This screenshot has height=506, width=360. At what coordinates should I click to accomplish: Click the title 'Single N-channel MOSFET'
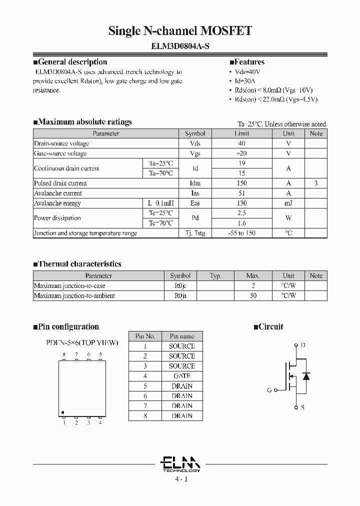point(180,31)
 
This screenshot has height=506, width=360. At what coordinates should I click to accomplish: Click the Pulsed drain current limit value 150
point(241,183)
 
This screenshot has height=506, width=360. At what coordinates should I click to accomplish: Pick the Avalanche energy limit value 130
point(241,203)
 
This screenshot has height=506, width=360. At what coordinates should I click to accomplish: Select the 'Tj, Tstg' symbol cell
point(195,233)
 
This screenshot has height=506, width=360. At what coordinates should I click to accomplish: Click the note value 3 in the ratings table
point(316,183)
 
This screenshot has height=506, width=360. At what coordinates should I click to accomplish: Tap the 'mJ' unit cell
point(288,203)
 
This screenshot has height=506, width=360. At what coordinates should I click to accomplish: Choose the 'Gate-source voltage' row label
point(60,153)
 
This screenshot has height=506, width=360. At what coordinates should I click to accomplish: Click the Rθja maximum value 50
point(253,296)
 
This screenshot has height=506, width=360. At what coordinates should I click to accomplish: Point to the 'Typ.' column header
point(215,276)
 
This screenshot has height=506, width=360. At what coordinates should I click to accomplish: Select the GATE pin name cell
point(181,376)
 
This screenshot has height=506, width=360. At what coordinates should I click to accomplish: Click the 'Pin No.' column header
point(145,336)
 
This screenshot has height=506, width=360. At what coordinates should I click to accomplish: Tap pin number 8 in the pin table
point(145,416)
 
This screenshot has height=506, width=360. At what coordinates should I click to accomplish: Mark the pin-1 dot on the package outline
point(63,412)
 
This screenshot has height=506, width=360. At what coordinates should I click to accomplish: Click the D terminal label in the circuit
point(302,345)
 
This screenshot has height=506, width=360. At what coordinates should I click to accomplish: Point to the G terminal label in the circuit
point(269,390)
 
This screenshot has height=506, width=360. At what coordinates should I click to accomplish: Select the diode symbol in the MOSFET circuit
point(307,375)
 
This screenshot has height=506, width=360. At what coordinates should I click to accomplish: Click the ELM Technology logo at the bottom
point(181,464)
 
